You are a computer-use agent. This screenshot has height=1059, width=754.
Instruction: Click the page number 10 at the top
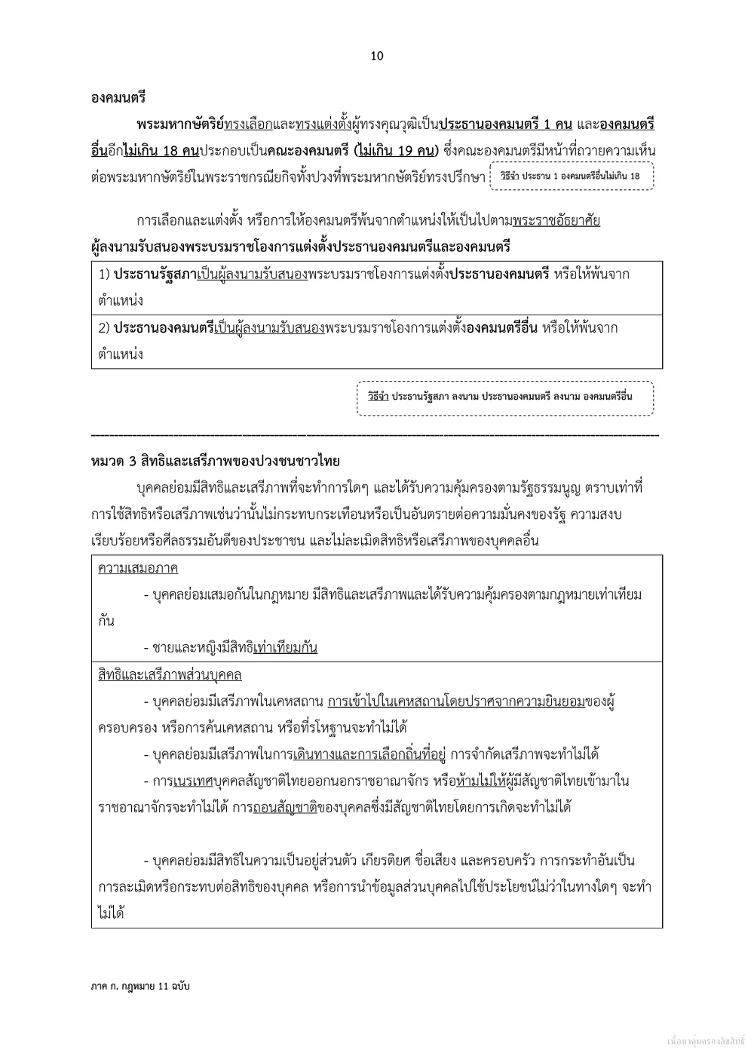(378, 56)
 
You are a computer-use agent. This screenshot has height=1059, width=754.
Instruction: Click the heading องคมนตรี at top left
(118, 97)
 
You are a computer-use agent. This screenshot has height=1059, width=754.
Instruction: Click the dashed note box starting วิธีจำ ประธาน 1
(572, 176)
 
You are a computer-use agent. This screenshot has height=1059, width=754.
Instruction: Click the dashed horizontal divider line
(375, 435)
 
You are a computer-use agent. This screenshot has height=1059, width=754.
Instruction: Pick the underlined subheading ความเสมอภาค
(138, 568)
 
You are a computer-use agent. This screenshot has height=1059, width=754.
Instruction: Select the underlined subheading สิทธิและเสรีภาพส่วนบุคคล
(170, 674)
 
